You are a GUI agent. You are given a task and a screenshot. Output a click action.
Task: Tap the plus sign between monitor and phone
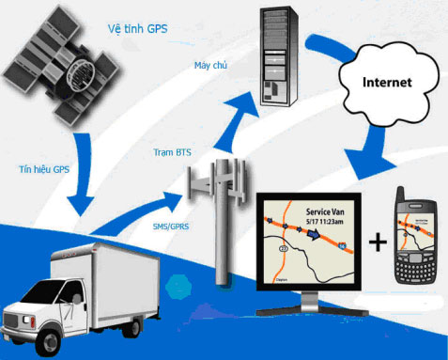378,243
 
